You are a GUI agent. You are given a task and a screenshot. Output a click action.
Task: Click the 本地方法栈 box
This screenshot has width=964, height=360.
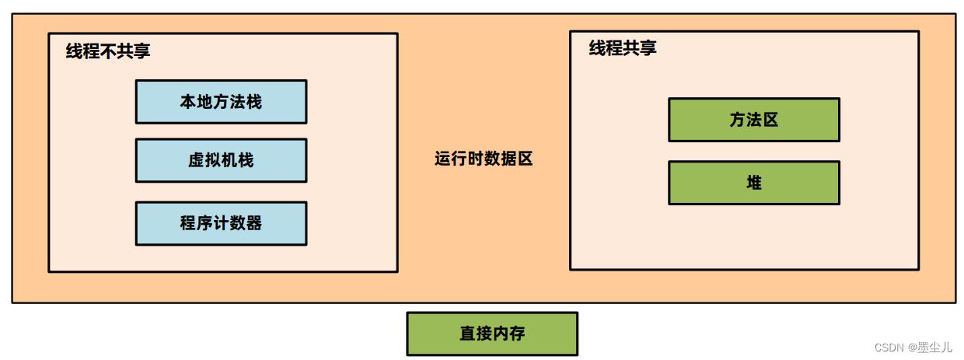click(221, 101)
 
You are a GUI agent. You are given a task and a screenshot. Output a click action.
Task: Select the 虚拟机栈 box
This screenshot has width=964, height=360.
click(221, 160)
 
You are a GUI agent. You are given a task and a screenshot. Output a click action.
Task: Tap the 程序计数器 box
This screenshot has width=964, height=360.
click(221, 223)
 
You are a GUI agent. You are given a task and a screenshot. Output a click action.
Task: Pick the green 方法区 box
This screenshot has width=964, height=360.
click(753, 120)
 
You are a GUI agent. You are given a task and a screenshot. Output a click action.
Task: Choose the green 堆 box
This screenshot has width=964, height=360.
click(753, 183)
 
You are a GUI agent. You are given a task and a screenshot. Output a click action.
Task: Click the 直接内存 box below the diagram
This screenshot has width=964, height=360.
click(492, 334)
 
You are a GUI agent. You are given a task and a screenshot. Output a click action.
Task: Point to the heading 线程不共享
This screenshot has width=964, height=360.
click(108, 51)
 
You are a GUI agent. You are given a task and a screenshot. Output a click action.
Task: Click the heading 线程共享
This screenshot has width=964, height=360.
click(623, 48)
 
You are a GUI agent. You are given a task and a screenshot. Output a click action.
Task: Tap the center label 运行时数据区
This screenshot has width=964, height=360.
click(484, 159)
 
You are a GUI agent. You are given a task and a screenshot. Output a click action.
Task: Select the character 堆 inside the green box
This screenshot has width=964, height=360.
click(753, 183)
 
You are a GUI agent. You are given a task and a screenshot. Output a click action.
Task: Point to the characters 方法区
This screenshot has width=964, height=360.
click(753, 120)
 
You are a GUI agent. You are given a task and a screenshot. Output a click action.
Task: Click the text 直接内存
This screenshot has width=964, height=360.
click(492, 334)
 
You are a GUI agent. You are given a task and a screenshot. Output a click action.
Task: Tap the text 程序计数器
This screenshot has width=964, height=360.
click(221, 223)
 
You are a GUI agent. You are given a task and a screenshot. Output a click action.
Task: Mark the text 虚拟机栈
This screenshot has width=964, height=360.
click(221, 160)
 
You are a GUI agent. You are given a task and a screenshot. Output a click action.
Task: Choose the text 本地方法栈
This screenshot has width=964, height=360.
click(221, 101)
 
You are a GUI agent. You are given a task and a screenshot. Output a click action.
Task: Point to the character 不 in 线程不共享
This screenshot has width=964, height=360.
click(108, 51)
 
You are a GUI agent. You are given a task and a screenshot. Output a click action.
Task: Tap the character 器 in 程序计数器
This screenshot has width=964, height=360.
click(253, 223)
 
